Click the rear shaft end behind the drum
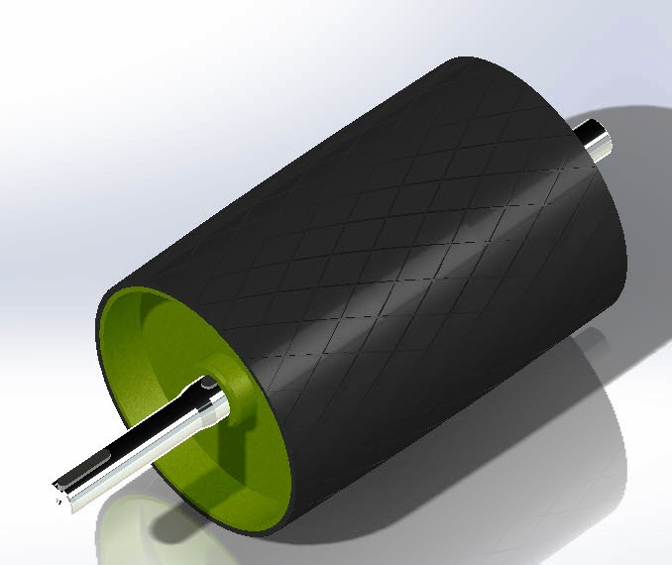tap(602, 140)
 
